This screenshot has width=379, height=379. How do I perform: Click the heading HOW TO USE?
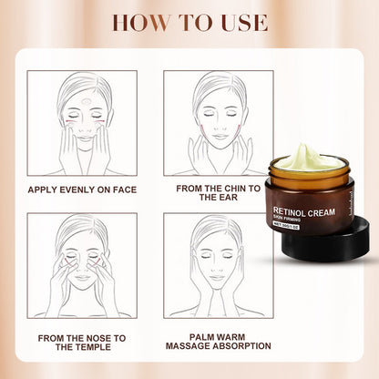point(189,22)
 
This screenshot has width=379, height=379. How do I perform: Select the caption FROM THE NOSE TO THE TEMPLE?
point(81,343)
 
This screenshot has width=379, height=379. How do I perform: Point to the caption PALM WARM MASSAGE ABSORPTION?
point(219,343)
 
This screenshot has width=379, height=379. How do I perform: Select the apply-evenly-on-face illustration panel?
point(81,123)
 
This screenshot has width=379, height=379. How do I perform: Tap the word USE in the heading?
point(240,22)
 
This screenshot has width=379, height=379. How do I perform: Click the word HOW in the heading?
point(137,22)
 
